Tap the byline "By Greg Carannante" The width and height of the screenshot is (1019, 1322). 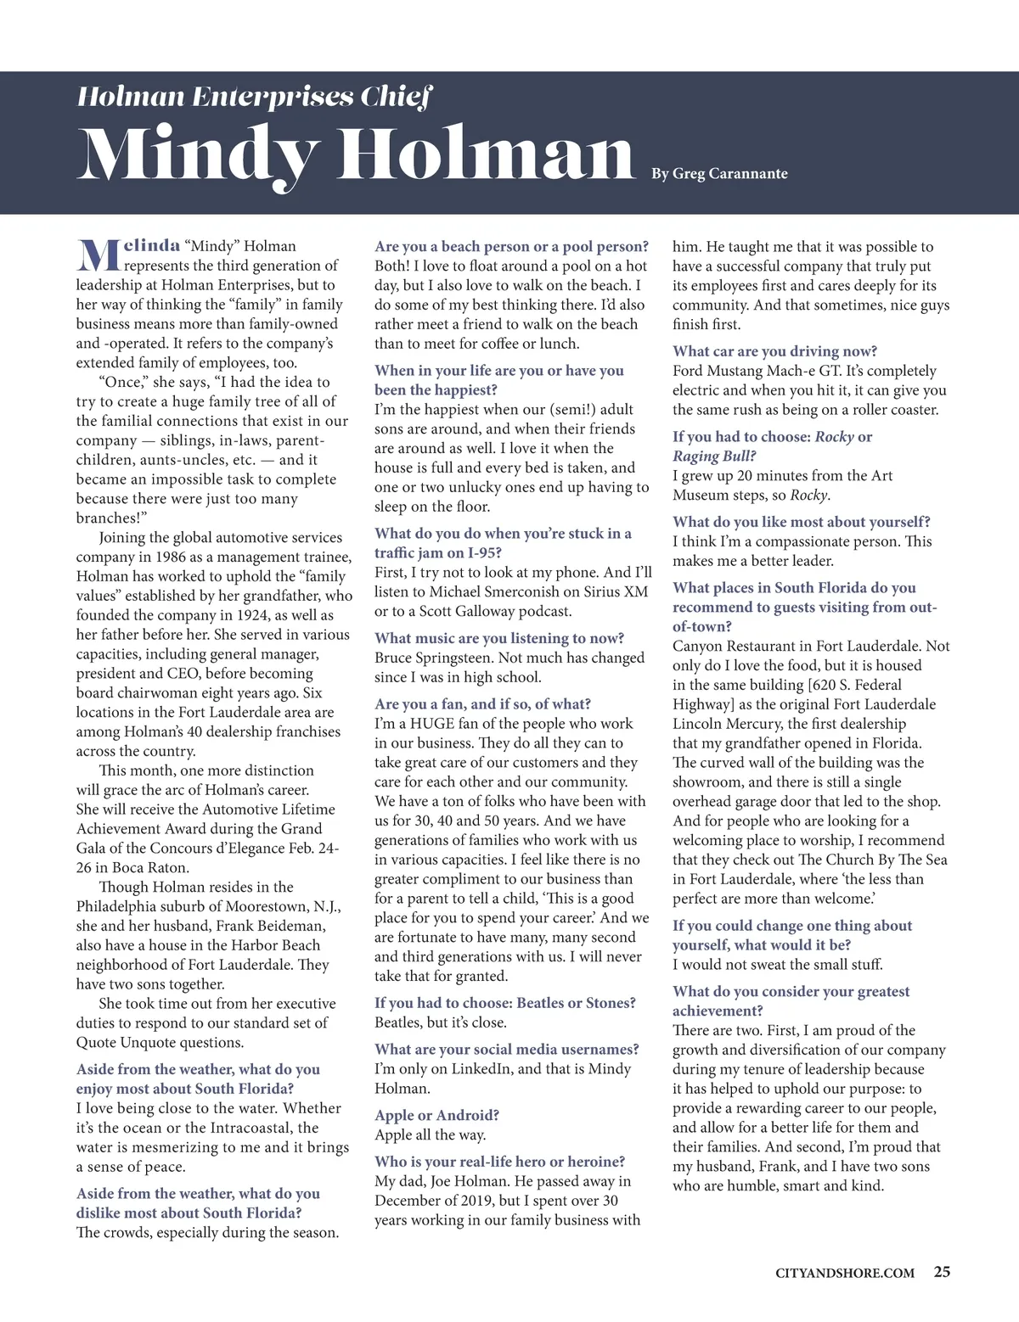point(719,174)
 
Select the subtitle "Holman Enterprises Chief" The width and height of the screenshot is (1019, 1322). point(255,97)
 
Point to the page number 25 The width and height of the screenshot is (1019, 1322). point(942,1271)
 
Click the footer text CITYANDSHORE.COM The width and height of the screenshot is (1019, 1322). point(845,1272)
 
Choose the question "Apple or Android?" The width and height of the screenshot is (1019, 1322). point(436,1115)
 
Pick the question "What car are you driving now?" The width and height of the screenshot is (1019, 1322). point(774,351)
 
